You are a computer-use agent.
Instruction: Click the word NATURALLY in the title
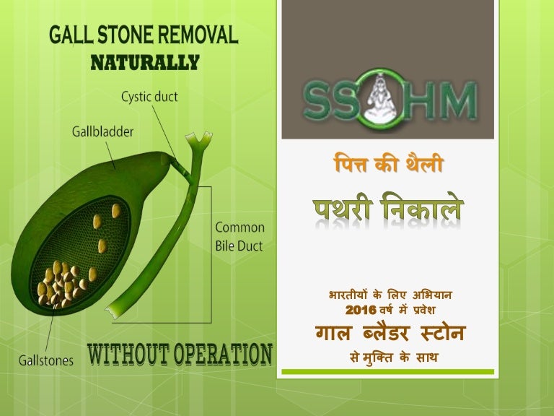coord(144,63)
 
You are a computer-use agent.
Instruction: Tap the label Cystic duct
coord(150,95)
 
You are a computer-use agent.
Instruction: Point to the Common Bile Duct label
coord(239,236)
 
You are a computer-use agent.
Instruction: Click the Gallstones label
coord(45,359)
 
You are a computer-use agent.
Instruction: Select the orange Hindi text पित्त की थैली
coord(387,165)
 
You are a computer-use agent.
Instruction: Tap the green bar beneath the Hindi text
coord(387,372)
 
